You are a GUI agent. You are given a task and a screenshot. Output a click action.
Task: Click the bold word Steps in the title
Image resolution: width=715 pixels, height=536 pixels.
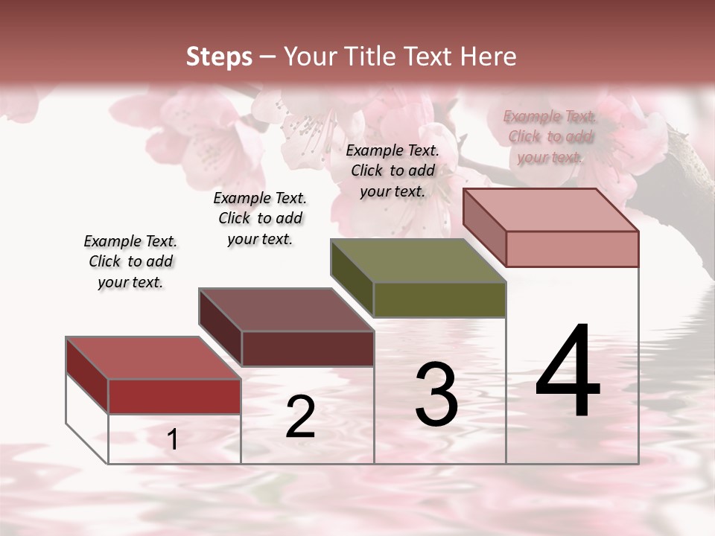coord(218,57)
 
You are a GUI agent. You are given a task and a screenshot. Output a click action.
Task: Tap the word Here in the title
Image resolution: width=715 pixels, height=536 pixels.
coord(488,57)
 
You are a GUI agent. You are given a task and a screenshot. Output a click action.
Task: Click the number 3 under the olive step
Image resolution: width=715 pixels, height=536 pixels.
coord(436,395)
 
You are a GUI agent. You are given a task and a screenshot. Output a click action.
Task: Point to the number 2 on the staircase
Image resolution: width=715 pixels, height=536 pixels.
coord(300,417)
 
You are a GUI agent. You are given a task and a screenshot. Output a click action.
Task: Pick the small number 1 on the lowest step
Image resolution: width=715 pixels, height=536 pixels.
coord(173,440)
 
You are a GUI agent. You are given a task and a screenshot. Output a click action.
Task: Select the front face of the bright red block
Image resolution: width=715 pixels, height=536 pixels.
coord(174,396)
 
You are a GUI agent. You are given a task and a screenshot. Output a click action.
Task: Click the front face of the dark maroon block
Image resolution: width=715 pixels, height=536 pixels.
coord(307,348)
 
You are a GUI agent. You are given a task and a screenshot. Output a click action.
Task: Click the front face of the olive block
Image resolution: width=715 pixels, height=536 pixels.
coord(439,299)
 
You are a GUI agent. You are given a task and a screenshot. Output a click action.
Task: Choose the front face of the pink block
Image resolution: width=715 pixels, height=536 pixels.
coord(572,249)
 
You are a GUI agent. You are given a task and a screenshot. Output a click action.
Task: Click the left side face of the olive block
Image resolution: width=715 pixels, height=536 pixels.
coord(352,277)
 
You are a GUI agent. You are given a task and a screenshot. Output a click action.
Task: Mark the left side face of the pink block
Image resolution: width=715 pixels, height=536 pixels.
coord(484,226)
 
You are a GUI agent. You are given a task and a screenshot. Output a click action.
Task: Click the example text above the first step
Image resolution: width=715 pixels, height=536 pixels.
coord(130,261)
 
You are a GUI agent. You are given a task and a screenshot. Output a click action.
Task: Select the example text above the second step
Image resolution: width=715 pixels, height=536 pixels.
coord(260,218)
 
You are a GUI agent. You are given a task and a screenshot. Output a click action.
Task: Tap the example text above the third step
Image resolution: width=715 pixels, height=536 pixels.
coord(393,170)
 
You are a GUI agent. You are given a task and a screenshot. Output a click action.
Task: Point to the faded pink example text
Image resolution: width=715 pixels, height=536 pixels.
coord(550,136)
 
